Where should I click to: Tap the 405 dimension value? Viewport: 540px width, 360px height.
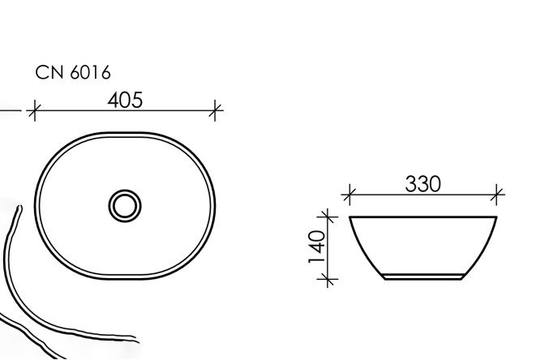click(125, 100)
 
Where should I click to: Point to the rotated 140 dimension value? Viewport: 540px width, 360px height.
click(316, 247)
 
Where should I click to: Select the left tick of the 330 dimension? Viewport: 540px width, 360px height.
click(349, 195)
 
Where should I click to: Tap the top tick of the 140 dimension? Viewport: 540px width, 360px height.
click(328, 216)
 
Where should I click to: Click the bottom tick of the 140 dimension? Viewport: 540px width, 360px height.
click(328, 279)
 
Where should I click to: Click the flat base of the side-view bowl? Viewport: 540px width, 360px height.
click(422, 280)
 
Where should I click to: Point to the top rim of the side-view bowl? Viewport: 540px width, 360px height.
click(422, 217)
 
